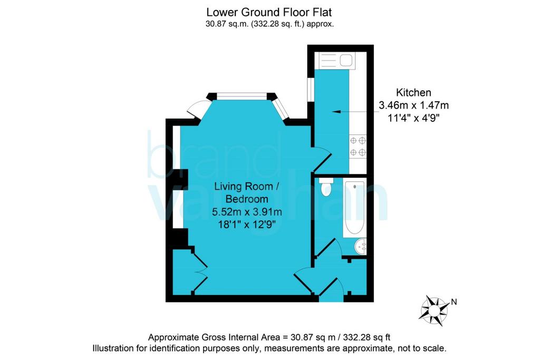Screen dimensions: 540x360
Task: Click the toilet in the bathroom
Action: [325, 187]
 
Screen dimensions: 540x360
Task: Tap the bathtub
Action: [354, 208]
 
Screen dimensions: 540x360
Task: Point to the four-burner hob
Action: [358, 146]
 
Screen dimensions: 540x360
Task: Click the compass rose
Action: [434, 310]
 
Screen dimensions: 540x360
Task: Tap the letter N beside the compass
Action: [454, 302]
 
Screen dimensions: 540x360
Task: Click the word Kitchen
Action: [413, 93]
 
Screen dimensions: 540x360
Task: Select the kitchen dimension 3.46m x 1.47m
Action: [413, 105]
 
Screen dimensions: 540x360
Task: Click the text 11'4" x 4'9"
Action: [413, 118]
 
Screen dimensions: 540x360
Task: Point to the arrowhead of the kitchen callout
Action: [335, 112]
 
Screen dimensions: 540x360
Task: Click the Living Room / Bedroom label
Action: [246, 193]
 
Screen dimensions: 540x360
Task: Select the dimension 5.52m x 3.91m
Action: [247, 212]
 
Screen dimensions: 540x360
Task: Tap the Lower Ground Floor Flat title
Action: [269, 13]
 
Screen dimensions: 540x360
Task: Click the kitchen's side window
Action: [311, 90]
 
